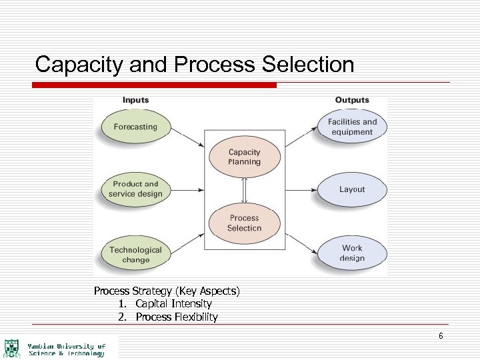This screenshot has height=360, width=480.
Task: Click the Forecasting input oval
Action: coord(135,127)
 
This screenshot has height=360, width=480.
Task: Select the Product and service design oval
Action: coord(135,189)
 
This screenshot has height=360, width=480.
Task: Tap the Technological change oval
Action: coord(135,254)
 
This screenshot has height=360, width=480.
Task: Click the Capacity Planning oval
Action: coord(244,157)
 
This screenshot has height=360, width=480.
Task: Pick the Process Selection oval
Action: coord(244,223)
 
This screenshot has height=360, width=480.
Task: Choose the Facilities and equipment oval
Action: coord(352,127)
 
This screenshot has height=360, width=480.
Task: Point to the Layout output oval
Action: coord(352,189)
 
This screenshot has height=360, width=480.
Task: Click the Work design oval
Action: coord(352,253)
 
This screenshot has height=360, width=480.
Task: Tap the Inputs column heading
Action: coord(135,100)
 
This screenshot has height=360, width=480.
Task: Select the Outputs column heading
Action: coord(352,100)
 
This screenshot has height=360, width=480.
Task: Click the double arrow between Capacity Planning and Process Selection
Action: coord(244,190)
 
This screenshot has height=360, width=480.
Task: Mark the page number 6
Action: coord(441,336)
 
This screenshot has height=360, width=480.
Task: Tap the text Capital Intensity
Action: coord(173,304)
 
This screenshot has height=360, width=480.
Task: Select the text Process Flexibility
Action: coord(177,317)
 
